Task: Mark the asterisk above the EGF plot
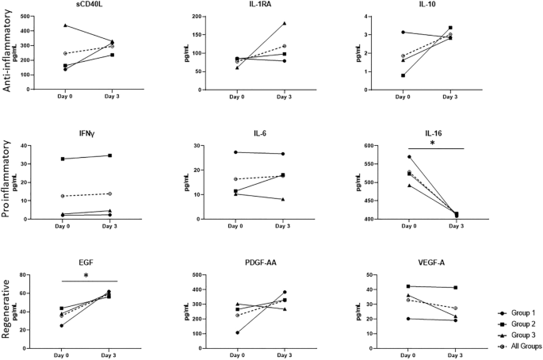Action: click(x=86, y=275)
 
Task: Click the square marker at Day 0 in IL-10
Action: click(x=403, y=75)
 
